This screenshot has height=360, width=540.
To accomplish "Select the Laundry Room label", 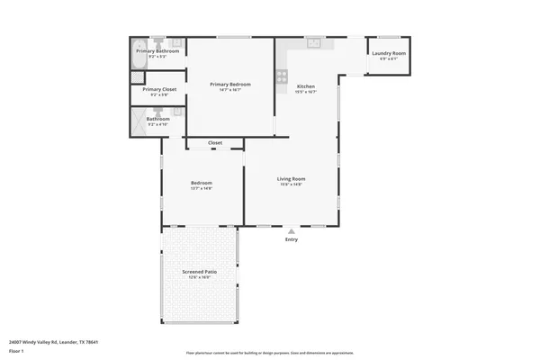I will tap(388, 53).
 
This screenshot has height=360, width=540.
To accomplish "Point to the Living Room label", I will tap(291, 178).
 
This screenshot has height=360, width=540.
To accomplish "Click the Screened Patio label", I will tap(199, 271).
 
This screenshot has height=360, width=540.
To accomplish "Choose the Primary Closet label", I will tap(157, 89).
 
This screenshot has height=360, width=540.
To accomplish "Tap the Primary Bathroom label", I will tap(157, 51).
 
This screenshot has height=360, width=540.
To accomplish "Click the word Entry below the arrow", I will tap(291, 239).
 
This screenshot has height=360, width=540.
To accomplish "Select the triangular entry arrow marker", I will tap(291, 230).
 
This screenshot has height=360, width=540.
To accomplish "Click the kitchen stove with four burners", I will tap(281, 74).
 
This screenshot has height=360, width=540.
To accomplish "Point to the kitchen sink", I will tap(314, 41).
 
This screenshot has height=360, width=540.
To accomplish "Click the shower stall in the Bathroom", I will tap(139, 121).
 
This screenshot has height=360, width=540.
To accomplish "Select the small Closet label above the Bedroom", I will tap(215, 142).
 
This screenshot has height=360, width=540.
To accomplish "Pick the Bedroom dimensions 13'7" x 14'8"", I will tap(201, 188).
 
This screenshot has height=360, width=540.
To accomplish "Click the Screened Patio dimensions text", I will tap(199, 277).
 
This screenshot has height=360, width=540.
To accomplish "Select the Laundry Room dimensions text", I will tap(388, 59).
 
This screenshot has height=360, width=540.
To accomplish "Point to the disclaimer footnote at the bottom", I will tap(270, 354).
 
